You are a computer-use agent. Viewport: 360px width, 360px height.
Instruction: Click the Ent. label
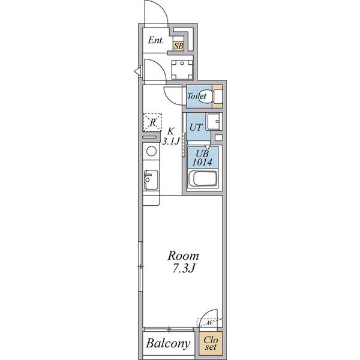(155, 41)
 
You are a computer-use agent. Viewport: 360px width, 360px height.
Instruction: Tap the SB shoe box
(178, 45)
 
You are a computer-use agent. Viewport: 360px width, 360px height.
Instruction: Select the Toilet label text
(196, 96)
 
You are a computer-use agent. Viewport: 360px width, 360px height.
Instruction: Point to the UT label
(195, 127)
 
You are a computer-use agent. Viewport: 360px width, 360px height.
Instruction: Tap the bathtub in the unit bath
(202, 179)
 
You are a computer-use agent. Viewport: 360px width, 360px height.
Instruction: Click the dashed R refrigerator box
(152, 122)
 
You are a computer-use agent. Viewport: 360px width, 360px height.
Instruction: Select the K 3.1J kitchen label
(172, 136)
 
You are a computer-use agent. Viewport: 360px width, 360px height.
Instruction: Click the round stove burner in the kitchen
(151, 151)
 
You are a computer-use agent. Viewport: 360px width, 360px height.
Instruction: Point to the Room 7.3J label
(184, 262)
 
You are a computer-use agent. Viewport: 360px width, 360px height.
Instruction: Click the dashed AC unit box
(209, 322)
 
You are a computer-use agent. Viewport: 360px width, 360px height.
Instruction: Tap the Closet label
(210, 343)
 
